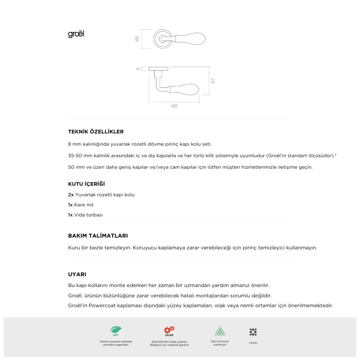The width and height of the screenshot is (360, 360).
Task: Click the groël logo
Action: point(76,34)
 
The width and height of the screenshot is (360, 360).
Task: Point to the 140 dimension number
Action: point(174,106)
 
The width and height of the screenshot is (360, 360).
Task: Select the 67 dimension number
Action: point(212,81)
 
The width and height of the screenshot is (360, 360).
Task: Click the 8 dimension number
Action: point(138,68)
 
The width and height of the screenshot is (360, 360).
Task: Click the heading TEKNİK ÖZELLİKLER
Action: point(96,132)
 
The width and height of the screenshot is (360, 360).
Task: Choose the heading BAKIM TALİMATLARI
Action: point(98,236)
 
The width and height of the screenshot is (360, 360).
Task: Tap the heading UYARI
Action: point(77,274)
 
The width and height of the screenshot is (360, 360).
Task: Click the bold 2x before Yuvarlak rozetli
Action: point(71,195)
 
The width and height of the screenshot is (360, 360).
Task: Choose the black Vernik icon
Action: point(253,332)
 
